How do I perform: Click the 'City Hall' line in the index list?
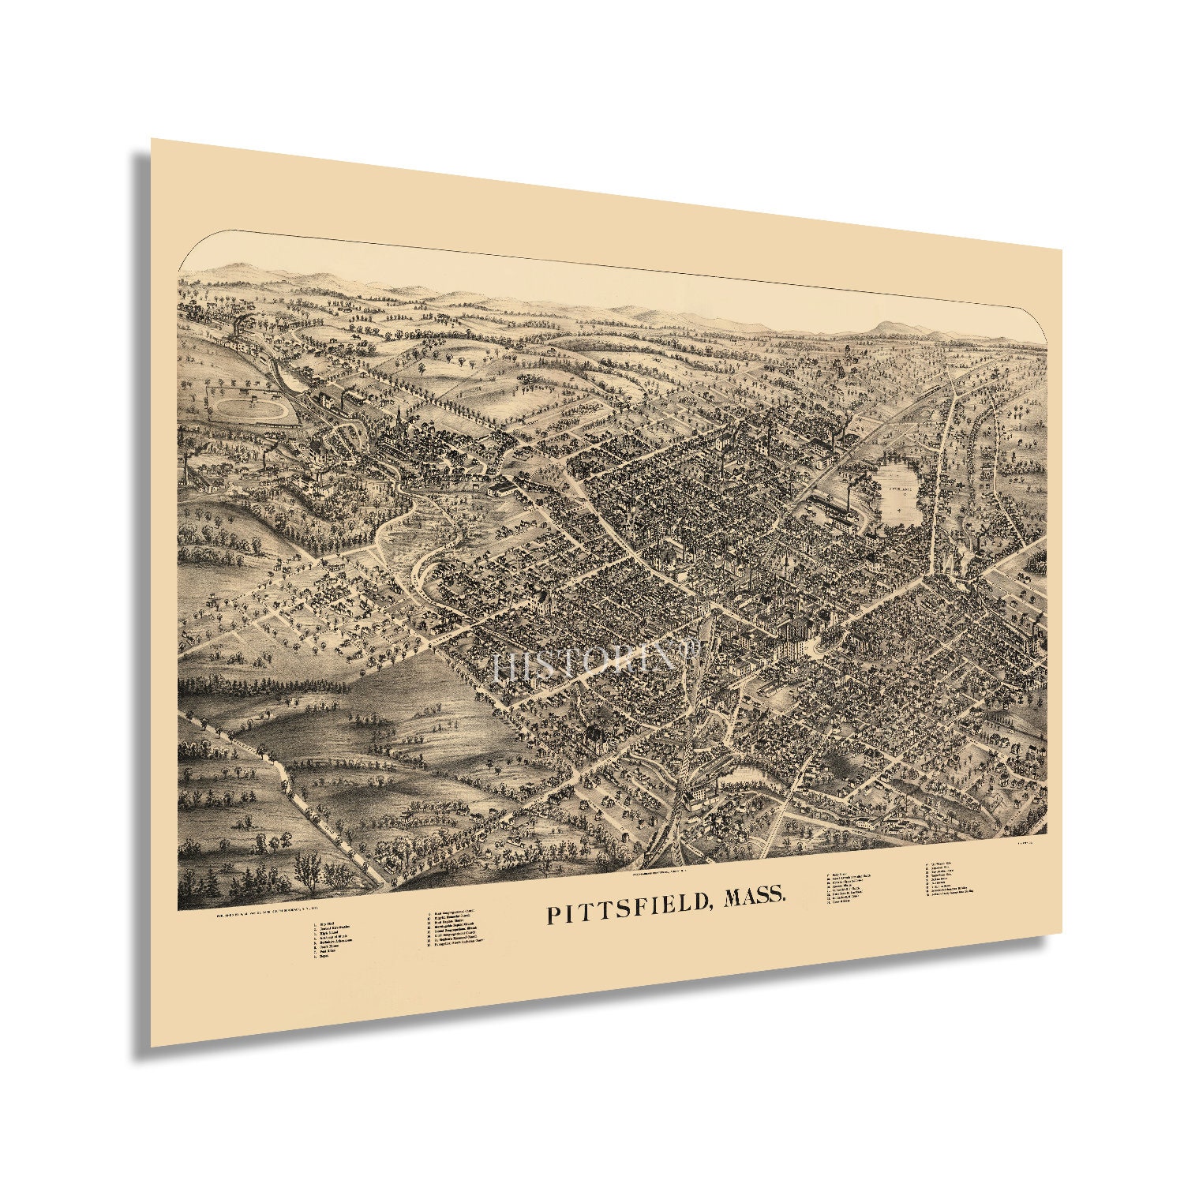pos(326,924)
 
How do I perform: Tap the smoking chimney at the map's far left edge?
pos(188,466)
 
